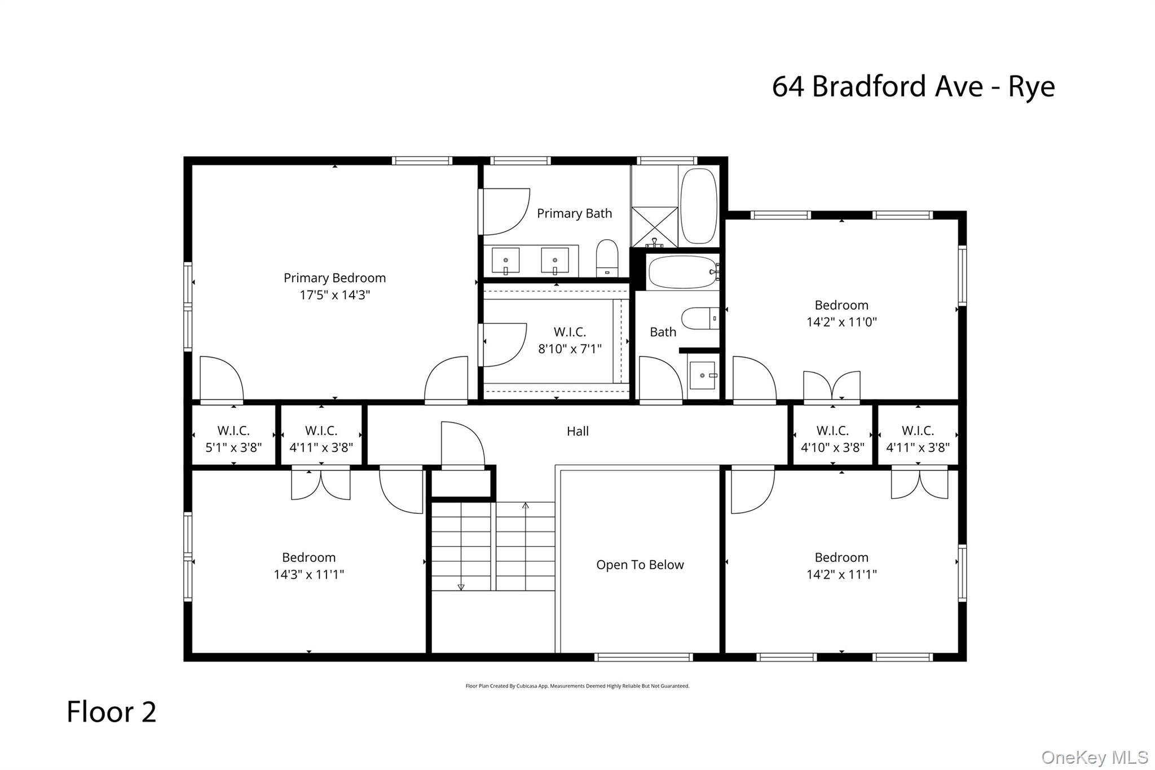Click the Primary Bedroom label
click(334, 278)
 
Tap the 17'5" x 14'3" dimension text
click(334, 294)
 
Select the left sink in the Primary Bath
click(505, 261)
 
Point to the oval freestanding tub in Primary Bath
click(698, 206)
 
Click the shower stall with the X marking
click(654, 227)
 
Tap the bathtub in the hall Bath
click(682, 272)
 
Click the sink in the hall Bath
click(703, 376)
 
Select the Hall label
click(577, 432)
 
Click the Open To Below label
click(640, 565)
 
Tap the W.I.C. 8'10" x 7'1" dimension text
click(570, 349)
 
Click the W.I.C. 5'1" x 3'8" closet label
click(233, 439)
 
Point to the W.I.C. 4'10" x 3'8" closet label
click(832, 439)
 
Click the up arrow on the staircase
click(525, 505)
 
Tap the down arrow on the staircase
click(461, 587)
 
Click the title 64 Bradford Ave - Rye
click(912, 86)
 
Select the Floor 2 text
click(111, 711)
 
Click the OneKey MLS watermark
click(1094, 757)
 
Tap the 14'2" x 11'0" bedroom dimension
click(841, 322)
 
